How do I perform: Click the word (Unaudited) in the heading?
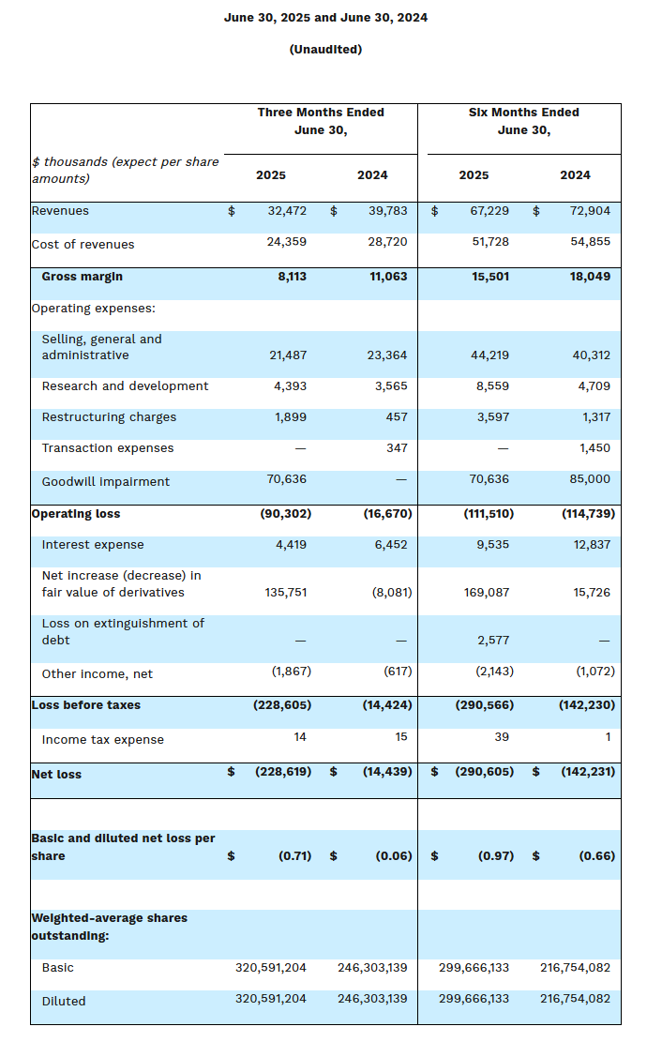click(x=325, y=49)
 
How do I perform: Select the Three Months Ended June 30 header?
click(x=321, y=121)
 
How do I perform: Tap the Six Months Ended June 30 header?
click(x=523, y=121)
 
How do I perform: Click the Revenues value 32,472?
click(x=287, y=211)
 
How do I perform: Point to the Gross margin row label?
click(x=82, y=277)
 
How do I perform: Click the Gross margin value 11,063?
click(x=386, y=277)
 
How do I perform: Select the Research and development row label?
click(x=125, y=386)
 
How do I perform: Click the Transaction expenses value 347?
click(x=397, y=448)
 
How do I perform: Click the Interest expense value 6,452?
click(x=389, y=545)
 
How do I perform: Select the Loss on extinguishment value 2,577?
click(x=493, y=640)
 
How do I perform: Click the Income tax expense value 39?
click(x=502, y=737)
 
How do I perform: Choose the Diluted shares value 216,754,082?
click(x=575, y=999)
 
